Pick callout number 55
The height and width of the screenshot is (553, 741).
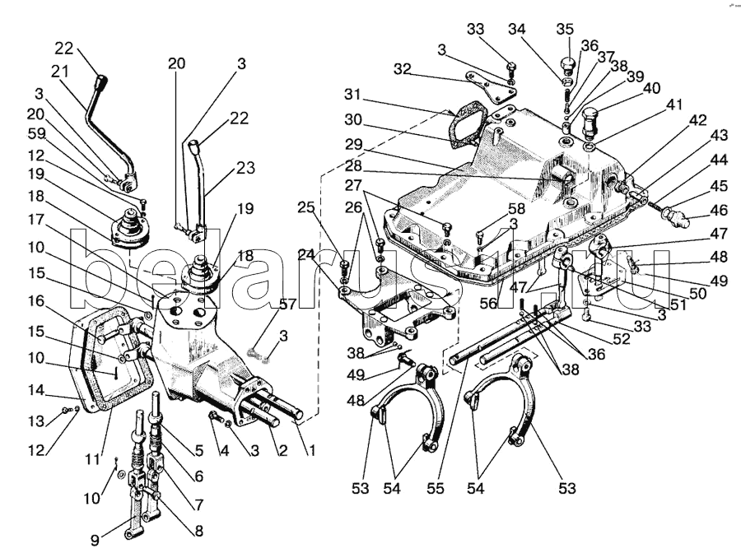pyautogui.click(x=436, y=488)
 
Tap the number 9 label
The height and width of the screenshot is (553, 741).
pyautogui.click(x=95, y=540)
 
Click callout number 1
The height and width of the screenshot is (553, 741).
pyautogui.click(x=310, y=451)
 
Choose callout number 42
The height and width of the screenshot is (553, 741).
pyautogui.click(x=697, y=119)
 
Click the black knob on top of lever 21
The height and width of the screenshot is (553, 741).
pyautogui.click(x=101, y=83)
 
